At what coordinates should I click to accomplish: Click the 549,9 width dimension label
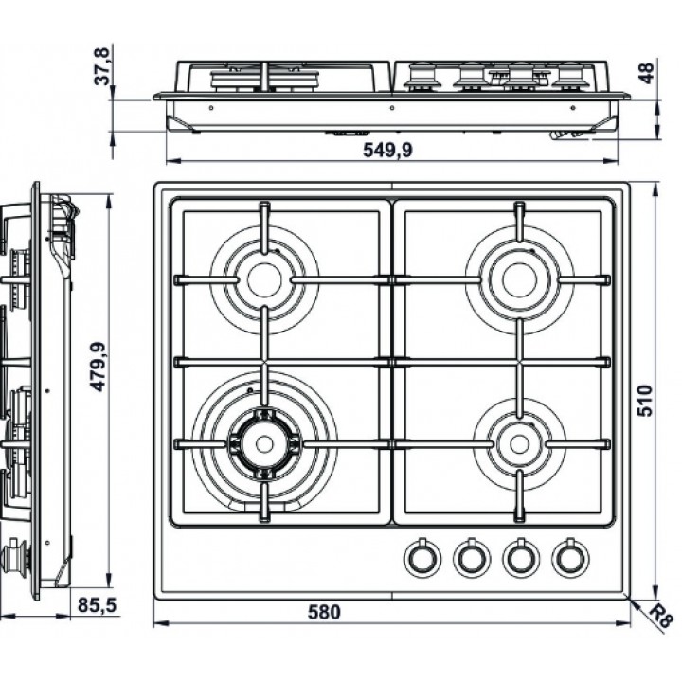click(x=387, y=150)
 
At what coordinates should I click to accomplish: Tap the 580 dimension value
click(x=324, y=613)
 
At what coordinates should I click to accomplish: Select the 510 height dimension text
click(x=645, y=401)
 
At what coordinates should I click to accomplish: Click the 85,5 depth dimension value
click(x=98, y=605)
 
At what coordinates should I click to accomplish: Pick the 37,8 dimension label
click(x=102, y=66)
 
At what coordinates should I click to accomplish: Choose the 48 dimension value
click(x=647, y=73)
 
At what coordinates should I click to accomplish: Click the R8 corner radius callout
click(x=658, y=616)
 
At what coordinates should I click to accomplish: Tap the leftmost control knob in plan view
click(x=422, y=558)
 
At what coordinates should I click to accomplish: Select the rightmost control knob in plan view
click(x=570, y=558)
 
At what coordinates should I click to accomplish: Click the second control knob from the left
click(x=472, y=558)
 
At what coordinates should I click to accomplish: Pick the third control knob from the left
click(x=521, y=558)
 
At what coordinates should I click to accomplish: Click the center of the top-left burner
click(x=264, y=279)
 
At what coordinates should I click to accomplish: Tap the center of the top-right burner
click(x=520, y=279)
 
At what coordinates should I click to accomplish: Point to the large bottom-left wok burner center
click(x=264, y=444)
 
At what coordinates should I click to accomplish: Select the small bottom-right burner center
click(x=519, y=444)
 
